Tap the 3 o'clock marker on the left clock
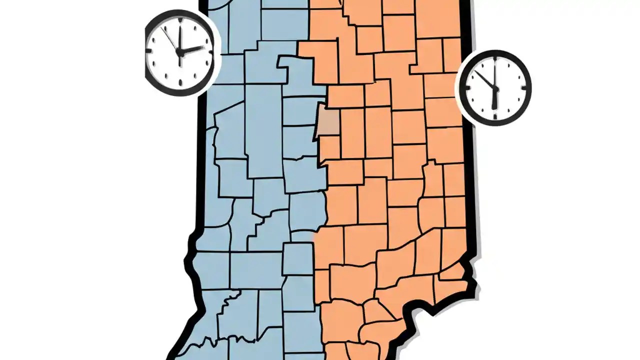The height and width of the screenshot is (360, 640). (208, 52)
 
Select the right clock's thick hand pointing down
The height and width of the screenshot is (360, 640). (494, 100)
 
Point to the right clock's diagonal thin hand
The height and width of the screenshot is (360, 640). (484, 78)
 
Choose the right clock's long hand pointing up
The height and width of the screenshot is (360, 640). (494, 72)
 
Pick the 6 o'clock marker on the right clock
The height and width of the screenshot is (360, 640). (494, 116)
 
